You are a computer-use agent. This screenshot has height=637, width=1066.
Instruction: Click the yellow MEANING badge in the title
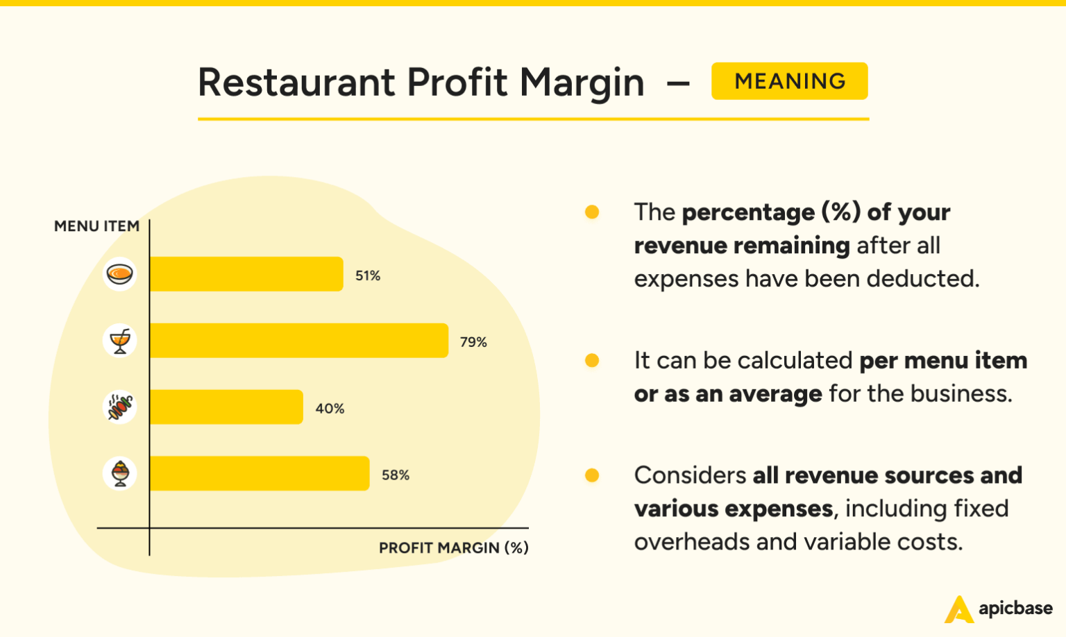click(x=789, y=81)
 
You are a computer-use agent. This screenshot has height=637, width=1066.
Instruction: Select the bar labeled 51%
click(x=246, y=274)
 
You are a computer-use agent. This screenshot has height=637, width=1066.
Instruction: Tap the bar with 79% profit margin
click(x=298, y=341)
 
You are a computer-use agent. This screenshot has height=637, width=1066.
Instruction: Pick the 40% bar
click(x=226, y=407)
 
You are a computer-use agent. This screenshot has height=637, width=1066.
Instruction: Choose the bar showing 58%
click(x=259, y=474)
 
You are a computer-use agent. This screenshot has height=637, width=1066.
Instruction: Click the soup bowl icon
click(x=120, y=274)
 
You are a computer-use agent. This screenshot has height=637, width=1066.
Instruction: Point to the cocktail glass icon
click(x=120, y=341)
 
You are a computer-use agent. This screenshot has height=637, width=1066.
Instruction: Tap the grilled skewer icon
click(x=120, y=407)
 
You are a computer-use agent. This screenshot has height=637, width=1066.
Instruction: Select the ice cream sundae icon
click(x=120, y=474)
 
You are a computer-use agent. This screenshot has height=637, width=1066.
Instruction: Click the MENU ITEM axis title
click(x=96, y=226)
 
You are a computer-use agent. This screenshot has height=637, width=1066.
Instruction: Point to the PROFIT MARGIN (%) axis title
click(x=453, y=548)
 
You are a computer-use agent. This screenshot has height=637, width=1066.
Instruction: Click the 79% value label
click(x=473, y=342)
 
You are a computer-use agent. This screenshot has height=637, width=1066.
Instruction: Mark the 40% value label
click(x=330, y=409)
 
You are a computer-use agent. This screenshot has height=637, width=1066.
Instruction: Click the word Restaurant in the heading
click(x=296, y=83)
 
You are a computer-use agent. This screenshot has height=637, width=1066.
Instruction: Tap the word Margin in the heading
click(x=582, y=83)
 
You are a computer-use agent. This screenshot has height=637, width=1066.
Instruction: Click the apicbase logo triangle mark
click(x=958, y=610)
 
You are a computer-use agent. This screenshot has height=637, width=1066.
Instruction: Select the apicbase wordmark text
click(x=1015, y=609)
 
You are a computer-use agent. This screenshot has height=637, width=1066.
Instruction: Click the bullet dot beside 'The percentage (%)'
click(x=592, y=212)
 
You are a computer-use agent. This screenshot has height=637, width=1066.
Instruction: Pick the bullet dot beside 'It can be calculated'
click(x=592, y=360)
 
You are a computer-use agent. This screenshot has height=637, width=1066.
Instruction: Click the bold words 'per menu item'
click(x=943, y=361)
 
